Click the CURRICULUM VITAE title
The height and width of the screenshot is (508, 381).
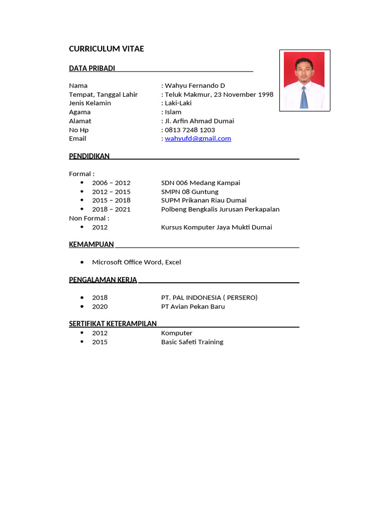tap(106, 49)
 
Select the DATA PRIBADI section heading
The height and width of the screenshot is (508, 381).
tap(92, 68)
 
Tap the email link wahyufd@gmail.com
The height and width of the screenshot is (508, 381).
tap(198, 138)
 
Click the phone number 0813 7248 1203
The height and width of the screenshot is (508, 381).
tap(190, 130)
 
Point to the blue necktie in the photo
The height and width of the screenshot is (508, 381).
tap(304, 97)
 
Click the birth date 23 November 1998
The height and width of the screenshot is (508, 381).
tap(244, 94)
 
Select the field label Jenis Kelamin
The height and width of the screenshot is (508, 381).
tap(90, 103)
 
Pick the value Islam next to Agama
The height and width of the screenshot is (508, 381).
tap(173, 112)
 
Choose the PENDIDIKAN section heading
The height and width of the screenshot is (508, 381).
tap(89, 156)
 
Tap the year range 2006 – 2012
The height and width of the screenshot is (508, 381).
tap(111, 183)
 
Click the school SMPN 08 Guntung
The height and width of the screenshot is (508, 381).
tap(190, 192)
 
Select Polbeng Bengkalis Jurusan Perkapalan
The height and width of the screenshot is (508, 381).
tap(220, 209)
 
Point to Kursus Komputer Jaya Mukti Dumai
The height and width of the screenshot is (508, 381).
tap(216, 227)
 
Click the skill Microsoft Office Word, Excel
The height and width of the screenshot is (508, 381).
tap(136, 262)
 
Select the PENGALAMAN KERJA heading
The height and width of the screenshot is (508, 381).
tap(103, 280)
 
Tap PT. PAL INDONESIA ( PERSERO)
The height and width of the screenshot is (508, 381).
tap(209, 298)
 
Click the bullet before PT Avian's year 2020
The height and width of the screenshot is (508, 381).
tap(82, 306)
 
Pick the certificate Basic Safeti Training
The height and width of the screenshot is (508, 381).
tap(192, 342)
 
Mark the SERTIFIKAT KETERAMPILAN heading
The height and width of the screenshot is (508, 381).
tap(113, 323)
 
